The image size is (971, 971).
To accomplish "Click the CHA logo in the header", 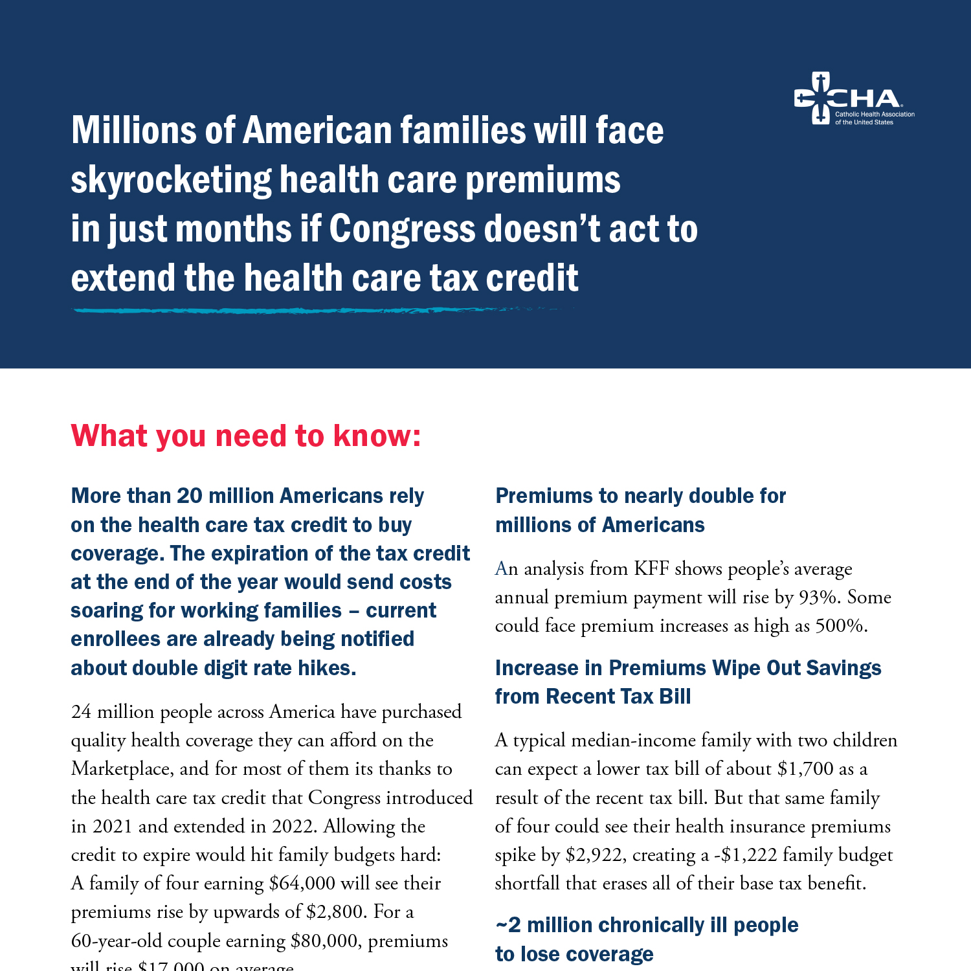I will (853, 99).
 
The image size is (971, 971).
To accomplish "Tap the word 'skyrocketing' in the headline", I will (171, 180).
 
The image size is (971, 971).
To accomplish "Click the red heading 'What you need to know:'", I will (246, 436).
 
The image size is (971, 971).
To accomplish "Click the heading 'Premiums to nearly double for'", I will (640, 496).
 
